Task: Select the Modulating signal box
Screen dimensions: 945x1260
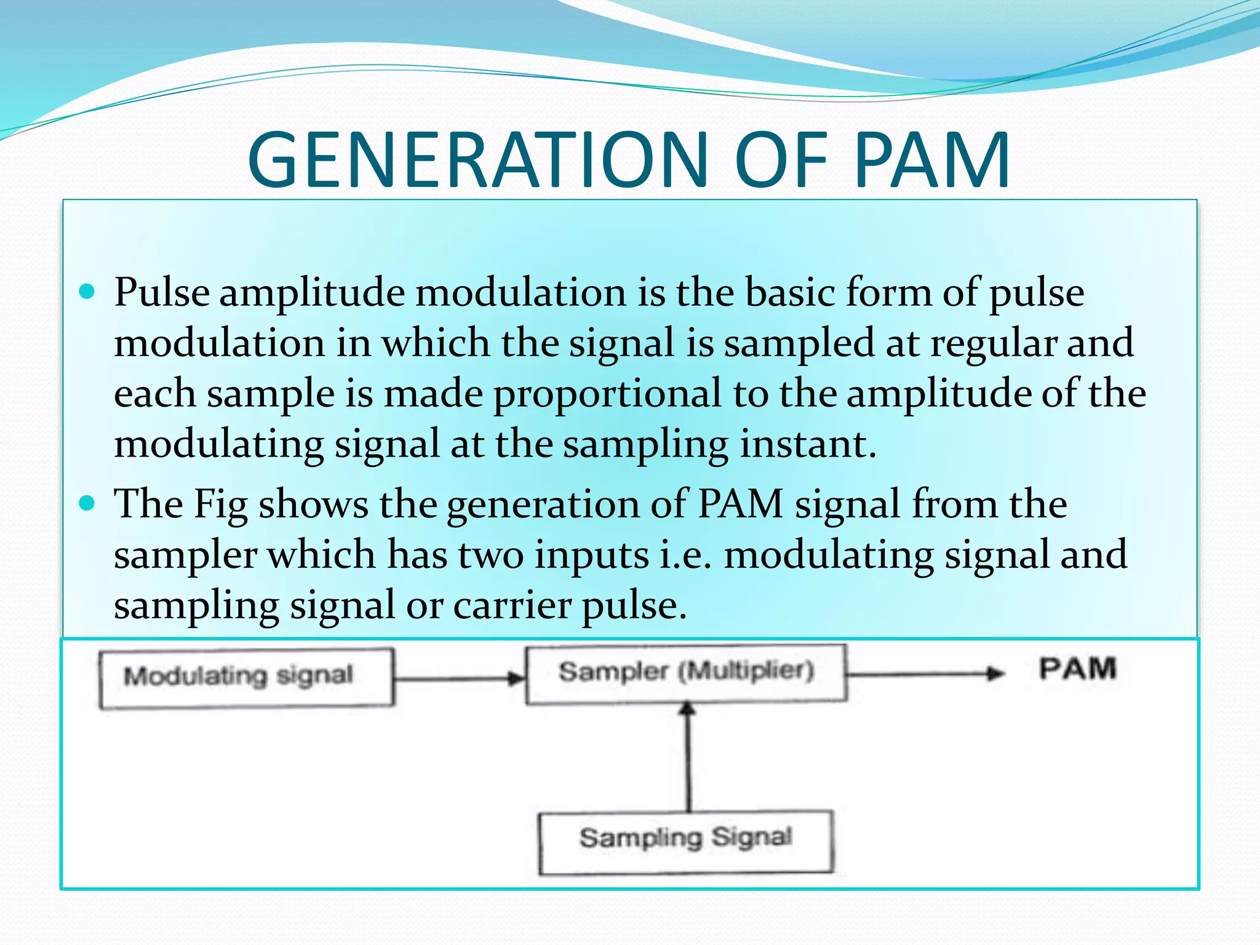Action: tap(246, 677)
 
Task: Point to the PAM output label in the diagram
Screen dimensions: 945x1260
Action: tap(1077, 669)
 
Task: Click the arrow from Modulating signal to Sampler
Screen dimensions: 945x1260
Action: tap(459, 679)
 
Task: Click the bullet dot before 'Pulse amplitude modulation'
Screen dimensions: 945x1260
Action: tap(87, 292)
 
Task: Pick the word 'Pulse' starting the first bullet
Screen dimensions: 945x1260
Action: tap(162, 293)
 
